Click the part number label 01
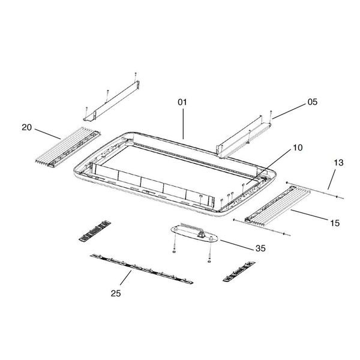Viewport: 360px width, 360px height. (x=182, y=102)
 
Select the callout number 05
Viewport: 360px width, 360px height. (x=313, y=102)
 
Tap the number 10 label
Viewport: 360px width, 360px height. (x=298, y=148)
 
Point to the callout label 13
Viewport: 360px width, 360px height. (x=338, y=163)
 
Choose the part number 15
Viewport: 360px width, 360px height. (x=335, y=223)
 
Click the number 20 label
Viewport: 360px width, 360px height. (x=26, y=127)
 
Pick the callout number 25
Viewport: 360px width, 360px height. (x=116, y=293)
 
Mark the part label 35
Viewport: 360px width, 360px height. (x=260, y=248)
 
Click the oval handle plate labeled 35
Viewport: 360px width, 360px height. (x=194, y=233)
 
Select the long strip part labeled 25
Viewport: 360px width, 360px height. (x=142, y=269)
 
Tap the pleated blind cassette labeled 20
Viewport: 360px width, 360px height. (x=68, y=147)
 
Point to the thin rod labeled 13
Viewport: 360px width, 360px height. (x=315, y=190)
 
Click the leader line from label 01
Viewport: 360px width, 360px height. (x=183, y=124)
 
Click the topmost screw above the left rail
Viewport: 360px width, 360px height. (x=136, y=75)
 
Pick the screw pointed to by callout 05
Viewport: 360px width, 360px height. (x=271, y=115)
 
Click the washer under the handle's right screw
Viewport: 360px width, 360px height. (x=209, y=261)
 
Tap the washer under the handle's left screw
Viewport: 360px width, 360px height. (x=174, y=252)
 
